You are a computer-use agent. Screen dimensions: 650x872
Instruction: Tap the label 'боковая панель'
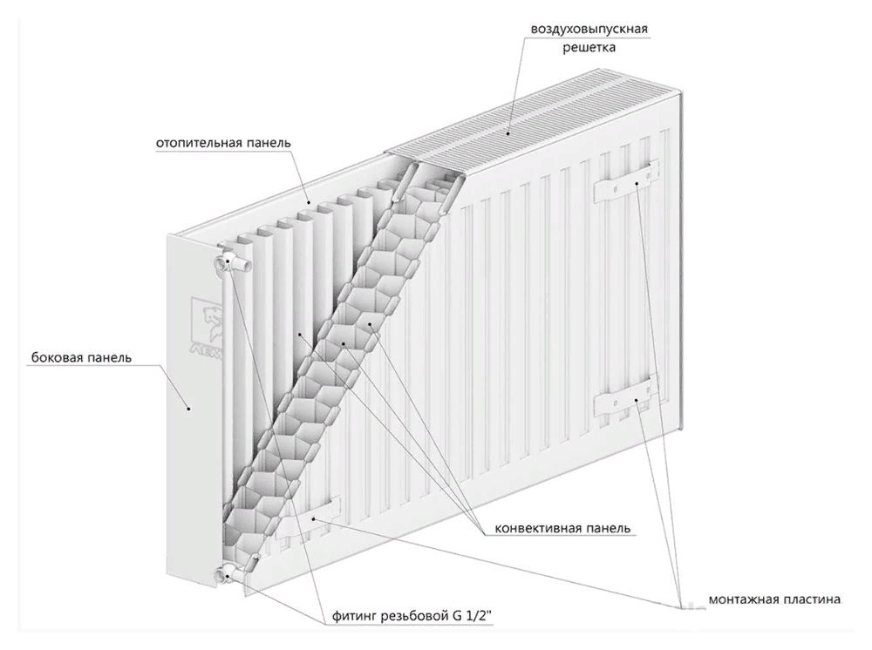[81, 357]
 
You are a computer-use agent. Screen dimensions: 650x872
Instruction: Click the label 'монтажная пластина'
[774, 599]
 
